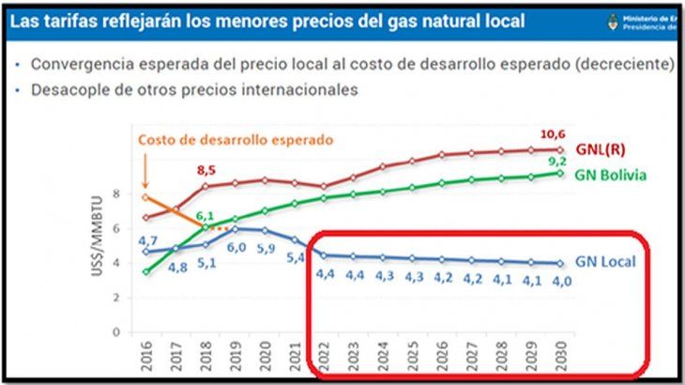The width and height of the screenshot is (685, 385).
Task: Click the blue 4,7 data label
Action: [x=147, y=241]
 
